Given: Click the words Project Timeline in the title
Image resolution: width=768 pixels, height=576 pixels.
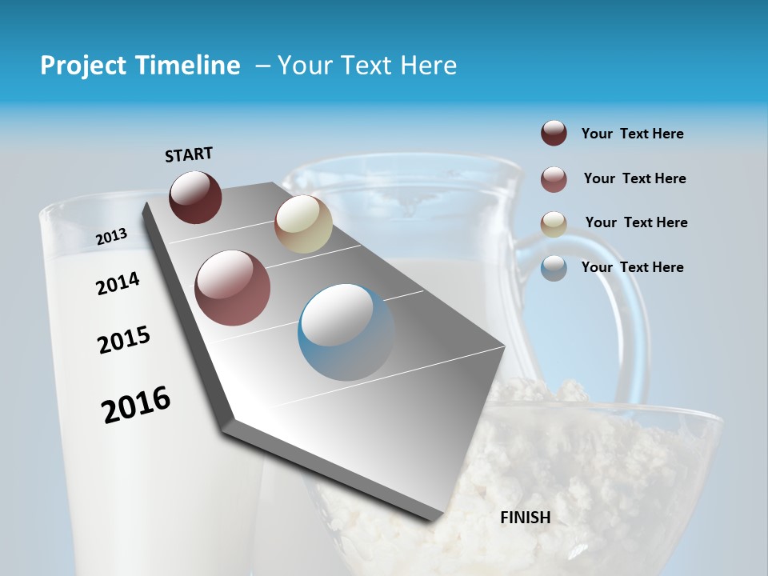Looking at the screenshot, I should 140,66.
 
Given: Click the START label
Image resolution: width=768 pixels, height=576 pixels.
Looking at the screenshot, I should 189,154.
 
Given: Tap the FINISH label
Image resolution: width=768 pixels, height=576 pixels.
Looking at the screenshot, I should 526,518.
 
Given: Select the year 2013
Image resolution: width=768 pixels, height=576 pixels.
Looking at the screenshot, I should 111,236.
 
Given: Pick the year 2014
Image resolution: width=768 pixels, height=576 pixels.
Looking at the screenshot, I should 118,283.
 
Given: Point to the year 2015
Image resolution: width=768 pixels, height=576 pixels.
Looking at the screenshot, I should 124,340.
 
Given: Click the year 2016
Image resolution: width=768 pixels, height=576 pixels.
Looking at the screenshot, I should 136,404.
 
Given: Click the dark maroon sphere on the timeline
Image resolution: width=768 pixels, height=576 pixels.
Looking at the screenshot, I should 195,197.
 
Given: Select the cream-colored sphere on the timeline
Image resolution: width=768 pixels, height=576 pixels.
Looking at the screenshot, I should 303,224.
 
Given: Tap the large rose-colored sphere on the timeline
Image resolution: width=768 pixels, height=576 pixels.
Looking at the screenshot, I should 233,288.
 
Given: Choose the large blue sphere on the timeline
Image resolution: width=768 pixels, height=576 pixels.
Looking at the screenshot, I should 346,332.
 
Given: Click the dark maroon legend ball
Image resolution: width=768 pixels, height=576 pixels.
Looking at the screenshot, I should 554,134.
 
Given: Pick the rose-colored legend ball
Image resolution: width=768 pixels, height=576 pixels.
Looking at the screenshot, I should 554,179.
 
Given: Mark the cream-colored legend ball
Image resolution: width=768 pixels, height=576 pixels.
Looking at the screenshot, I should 554,223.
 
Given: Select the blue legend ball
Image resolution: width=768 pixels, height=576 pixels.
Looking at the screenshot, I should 554,268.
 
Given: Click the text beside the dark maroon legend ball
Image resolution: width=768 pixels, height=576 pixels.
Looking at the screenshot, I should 632,134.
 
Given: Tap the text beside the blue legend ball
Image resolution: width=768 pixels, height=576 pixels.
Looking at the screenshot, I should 632,267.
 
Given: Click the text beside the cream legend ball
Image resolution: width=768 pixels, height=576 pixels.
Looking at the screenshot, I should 636,222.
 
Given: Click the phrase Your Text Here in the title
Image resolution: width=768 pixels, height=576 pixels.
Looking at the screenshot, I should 367,66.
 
